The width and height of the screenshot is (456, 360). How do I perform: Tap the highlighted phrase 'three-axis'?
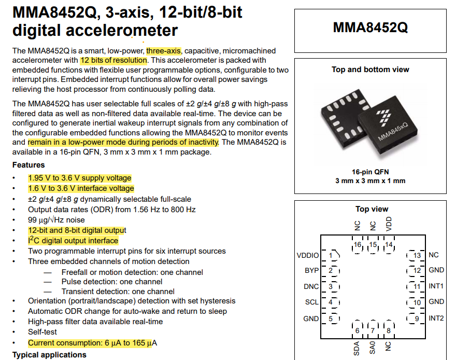pyautogui.click(x=163, y=51)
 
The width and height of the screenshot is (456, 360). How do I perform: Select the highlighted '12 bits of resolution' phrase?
pyautogui.click(x=113, y=60)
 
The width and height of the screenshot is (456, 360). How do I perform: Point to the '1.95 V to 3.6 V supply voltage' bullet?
pyautogui.click(x=80, y=178)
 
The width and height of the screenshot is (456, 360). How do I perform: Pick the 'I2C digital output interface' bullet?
pyautogui.click(x=73, y=241)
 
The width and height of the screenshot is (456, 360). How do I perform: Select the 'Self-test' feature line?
pyautogui.click(x=42, y=332)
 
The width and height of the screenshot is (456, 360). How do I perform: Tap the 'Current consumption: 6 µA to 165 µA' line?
pyautogui.click(x=92, y=343)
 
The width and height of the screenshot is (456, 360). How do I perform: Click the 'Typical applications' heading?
pyautogui.click(x=49, y=355)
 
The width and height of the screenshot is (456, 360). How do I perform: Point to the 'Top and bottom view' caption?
pyautogui.click(x=370, y=70)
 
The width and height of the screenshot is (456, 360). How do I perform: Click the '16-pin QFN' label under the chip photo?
pyautogui.click(x=370, y=172)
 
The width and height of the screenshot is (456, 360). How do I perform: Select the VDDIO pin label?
pyautogui.click(x=308, y=255)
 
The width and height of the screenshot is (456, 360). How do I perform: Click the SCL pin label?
pyautogui.click(x=311, y=302)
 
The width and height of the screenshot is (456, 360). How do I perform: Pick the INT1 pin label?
pyautogui.click(x=436, y=286)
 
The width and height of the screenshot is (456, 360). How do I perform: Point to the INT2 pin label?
pyautogui.click(x=436, y=318)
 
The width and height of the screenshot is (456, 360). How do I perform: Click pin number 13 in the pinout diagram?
pyautogui.click(x=416, y=255)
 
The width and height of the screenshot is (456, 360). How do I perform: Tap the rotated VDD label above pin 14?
pyautogui.click(x=389, y=224)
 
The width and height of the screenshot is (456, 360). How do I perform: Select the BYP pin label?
pyautogui.click(x=311, y=271)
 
